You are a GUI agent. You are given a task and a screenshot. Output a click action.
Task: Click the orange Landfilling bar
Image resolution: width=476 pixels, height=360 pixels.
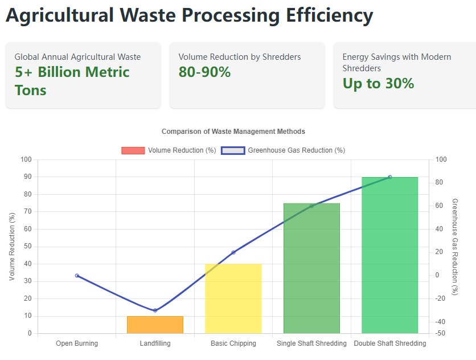pyautogui.click(x=155, y=325)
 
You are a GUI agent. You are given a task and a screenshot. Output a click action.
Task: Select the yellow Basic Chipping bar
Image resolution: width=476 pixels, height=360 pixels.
pyautogui.click(x=233, y=298)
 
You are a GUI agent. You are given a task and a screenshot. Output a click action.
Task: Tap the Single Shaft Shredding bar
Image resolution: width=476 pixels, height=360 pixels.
pyautogui.click(x=311, y=268)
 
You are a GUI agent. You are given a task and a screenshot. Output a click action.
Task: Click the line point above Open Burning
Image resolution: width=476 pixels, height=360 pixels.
pyautogui.click(x=77, y=276)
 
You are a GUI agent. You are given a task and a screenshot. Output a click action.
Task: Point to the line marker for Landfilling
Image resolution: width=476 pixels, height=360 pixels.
pyautogui.click(x=155, y=310)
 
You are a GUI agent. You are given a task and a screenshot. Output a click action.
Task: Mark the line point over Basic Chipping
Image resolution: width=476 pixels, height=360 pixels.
pyautogui.click(x=233, y=252)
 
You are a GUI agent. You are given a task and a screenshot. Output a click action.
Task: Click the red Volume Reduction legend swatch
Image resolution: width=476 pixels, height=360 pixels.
pyautogui.click(x=133, y=150)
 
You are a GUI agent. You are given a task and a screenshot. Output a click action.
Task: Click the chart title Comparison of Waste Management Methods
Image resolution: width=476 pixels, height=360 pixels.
pyautogui.click(x=233, y=132)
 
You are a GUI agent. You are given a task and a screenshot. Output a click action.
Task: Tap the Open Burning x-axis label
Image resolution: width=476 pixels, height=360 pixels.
pyautogui.click(x=77, y=343)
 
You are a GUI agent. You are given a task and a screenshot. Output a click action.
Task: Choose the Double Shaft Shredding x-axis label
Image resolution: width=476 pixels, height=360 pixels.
pyautogui.click(x=389, y=343)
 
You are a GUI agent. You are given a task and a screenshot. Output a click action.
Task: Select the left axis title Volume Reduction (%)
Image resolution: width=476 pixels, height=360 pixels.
pyautogui.click(x=13, y=246)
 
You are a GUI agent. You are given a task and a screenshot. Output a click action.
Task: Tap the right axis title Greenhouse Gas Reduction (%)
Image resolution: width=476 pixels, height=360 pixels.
pyautogui.click(x=454, y=246)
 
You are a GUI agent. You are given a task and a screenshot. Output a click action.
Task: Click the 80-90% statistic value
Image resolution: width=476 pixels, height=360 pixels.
pyautogui.click(x=204, y=72)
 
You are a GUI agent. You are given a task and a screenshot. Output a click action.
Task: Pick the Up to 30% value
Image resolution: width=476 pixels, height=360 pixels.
pyautogui.click(x=378, y=84)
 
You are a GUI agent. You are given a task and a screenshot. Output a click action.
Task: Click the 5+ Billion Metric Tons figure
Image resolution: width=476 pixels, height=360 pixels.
pyautogui.click(x=72, y=81)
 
